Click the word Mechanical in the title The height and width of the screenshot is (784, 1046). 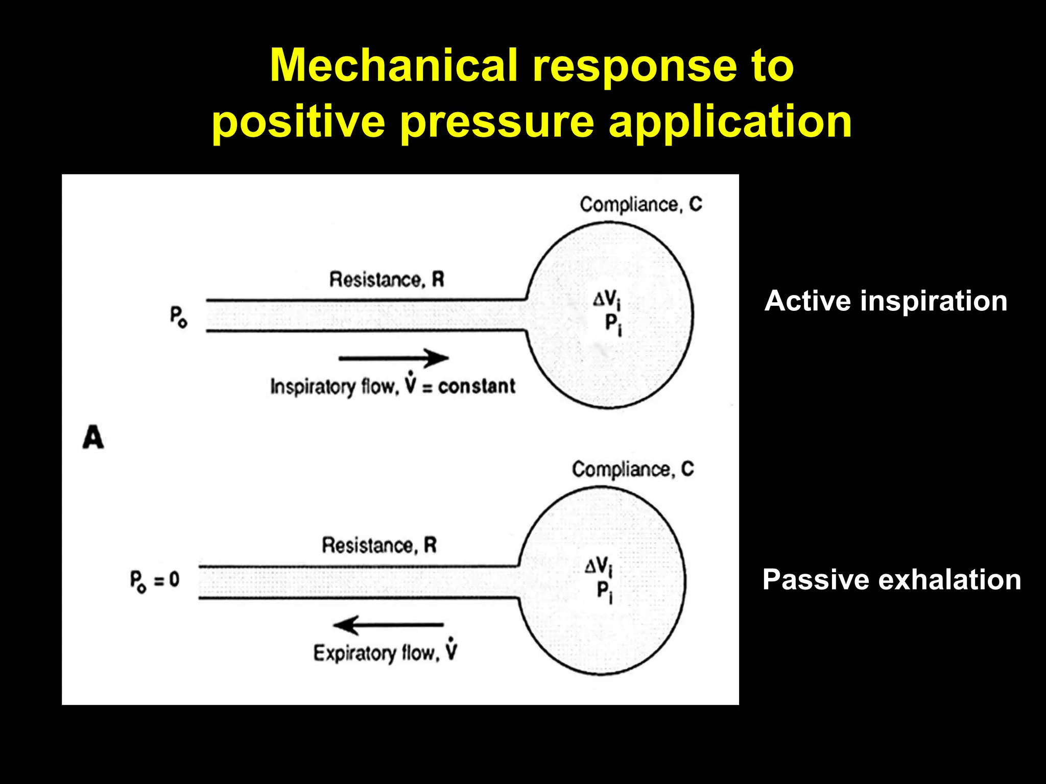tap(393, 65)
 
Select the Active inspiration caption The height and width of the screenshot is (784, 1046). tap(886, 301)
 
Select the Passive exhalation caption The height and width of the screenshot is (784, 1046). tap(891, 580)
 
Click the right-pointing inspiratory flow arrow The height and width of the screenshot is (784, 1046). tap(393, 358)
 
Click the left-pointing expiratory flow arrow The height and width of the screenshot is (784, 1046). tap(388, 624)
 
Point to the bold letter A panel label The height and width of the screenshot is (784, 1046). tap(93, 438)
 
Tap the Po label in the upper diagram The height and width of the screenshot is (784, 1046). tap(178, 316)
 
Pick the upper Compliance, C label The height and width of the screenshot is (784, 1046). tap(641, 205)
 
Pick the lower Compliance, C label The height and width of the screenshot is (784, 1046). tap(633, 469)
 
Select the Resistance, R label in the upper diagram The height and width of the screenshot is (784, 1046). tap(387, 280)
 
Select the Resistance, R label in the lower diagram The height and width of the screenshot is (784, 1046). tap(379, 545)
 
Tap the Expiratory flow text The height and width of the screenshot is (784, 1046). tap(376, 653)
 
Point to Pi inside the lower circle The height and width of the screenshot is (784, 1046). tap(604, 592)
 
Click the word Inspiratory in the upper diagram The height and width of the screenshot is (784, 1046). tap(313, 387)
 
